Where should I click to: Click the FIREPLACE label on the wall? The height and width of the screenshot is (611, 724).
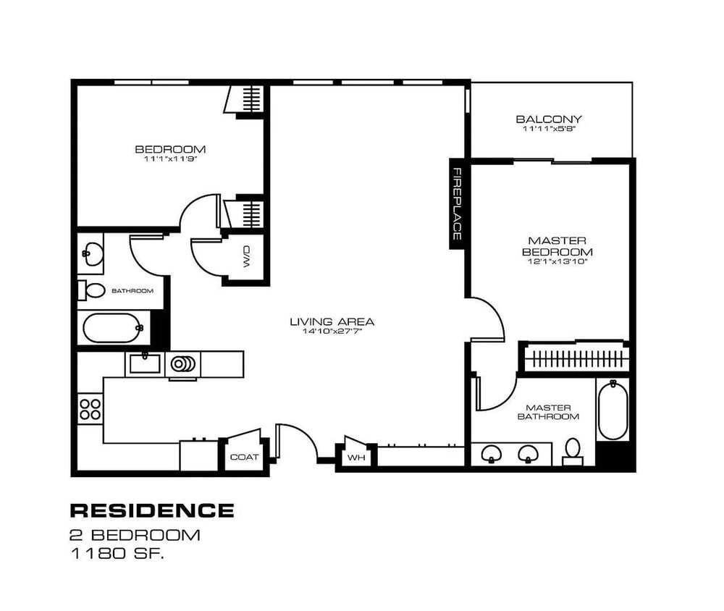pos(458,203)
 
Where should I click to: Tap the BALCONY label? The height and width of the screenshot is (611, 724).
pos(549,119)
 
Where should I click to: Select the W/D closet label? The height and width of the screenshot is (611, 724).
pos(245,255)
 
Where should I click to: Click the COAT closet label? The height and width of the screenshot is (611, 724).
pos(244,457)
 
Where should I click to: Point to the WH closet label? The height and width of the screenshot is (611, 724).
pos(355,458)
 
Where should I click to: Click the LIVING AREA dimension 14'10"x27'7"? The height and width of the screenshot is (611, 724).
pos(332,332)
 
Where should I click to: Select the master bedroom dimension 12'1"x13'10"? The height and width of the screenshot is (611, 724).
pos(557,262)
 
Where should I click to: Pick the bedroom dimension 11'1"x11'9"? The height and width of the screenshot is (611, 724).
pos(170,159)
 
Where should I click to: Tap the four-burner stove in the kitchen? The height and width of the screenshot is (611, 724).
pos(90,409)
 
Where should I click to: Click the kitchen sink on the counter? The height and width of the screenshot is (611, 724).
pos(145,363)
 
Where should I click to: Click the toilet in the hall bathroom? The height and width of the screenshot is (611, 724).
pos(90,290)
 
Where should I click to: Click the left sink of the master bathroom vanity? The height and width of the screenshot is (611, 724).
pos(492,454)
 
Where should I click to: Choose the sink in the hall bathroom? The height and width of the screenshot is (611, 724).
pos(92,253)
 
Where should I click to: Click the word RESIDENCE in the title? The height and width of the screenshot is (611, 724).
pos(151,510)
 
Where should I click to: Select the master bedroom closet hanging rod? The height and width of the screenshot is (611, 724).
pos(574,358)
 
